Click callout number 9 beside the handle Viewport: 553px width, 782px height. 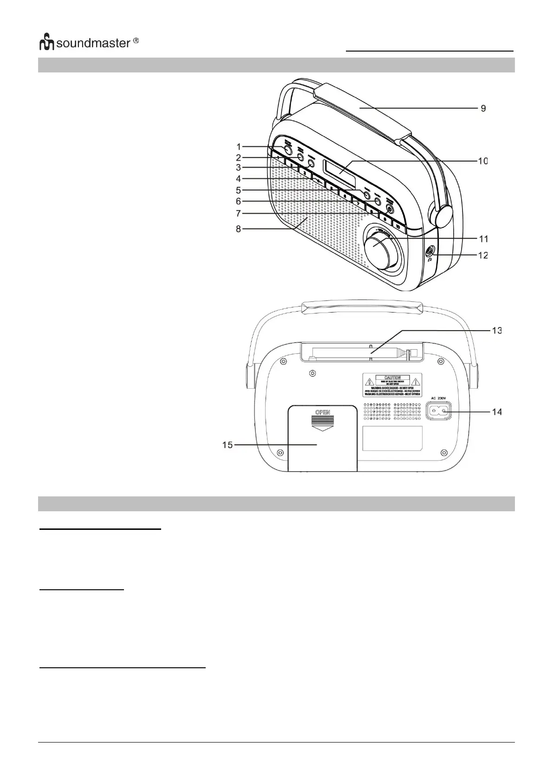[x=483, y=108]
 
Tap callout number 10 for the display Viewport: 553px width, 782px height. [x=483, y=161]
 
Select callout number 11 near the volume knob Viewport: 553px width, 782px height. [x=483, y=239]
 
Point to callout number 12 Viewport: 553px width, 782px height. [x=483, y=255]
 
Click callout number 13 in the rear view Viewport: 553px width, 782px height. [x=497, y=331]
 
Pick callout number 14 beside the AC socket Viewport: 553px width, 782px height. [x=497, y=412]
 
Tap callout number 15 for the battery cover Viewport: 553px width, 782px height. [x=228, y=445]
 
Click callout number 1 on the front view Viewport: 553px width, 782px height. [x=238, y=147]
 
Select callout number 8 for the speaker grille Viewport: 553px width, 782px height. [x=238, y=228]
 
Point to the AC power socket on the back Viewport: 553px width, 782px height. [x=439, y=410]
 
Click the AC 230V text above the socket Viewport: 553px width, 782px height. [x=438, y=398]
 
